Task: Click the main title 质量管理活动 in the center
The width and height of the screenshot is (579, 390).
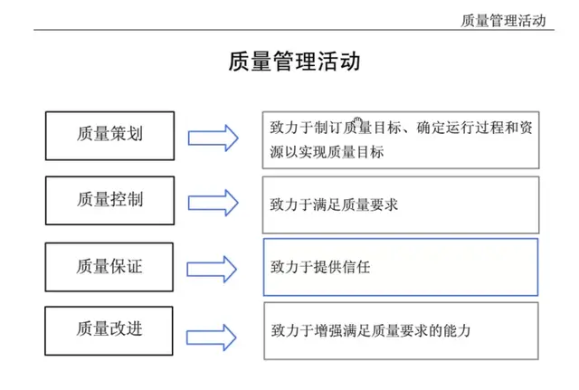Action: click(294, 62)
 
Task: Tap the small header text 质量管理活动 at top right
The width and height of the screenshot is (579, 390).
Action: click(503, 20)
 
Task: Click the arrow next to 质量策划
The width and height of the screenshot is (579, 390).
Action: click(213, 138)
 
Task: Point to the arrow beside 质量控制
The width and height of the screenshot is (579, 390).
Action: click(213, 202)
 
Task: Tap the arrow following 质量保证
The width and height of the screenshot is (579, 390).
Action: click(213, 269)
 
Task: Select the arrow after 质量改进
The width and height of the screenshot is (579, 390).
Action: click(213, 330)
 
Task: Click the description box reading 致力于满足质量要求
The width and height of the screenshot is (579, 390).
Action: click(401, 205)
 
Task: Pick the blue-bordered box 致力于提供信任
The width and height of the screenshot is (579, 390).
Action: click(401, 267)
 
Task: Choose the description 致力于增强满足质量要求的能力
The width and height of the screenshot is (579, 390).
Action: click(401, 331)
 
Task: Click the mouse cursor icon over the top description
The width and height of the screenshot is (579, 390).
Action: click(357, 121)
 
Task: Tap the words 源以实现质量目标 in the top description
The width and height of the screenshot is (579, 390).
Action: click(327, 152)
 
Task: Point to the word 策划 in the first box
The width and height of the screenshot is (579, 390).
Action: click(127, 135)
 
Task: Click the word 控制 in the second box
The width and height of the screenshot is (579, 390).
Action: click(127, 199)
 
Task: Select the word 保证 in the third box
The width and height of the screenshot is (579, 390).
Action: click(127, 267)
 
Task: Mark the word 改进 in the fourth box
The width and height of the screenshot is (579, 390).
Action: click(127, 328)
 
